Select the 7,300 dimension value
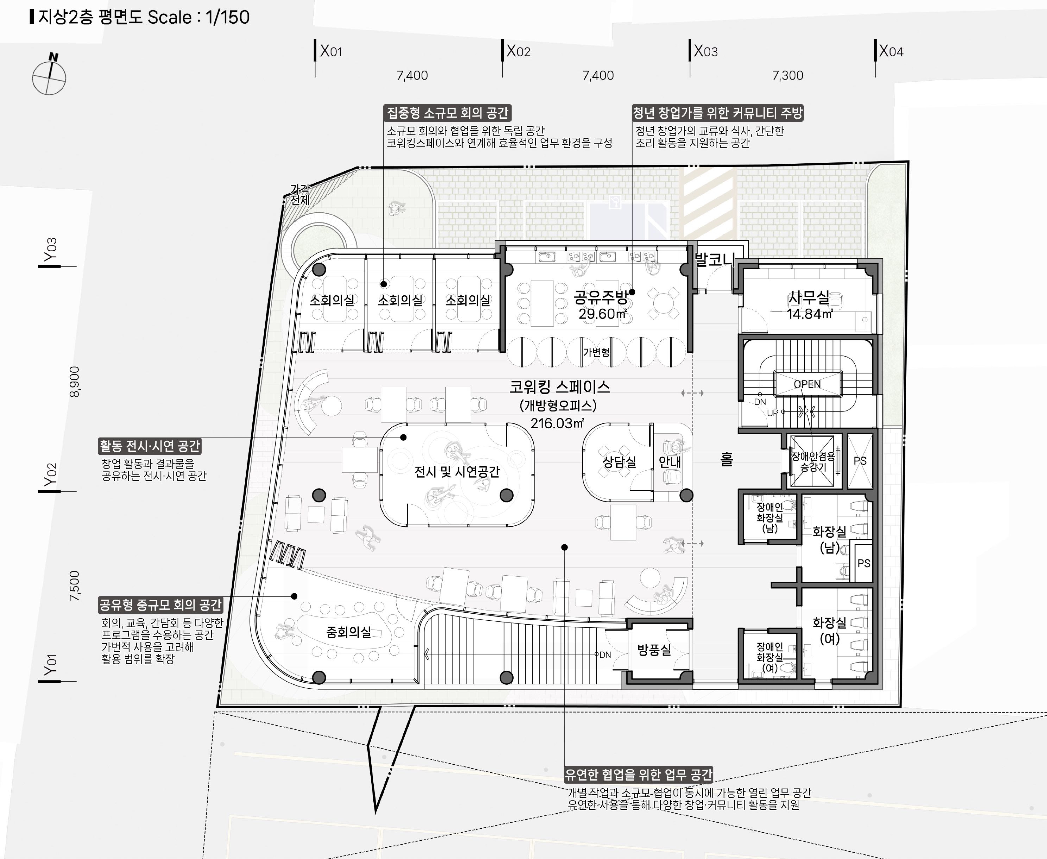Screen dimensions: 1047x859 (x=788, y=76)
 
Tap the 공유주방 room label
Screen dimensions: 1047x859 (x=601, y=297)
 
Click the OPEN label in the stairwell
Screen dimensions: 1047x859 (x=807, y=385)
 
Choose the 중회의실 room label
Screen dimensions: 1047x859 (x=348, y=632)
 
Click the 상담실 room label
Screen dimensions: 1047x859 (x=619, y=462)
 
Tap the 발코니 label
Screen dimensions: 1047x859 (x=714, y=259)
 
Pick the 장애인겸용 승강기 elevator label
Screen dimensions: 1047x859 (x=813, y=461)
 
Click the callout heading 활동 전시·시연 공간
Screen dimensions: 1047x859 (x=149, y=446)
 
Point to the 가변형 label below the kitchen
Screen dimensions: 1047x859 (x=596, y=352)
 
